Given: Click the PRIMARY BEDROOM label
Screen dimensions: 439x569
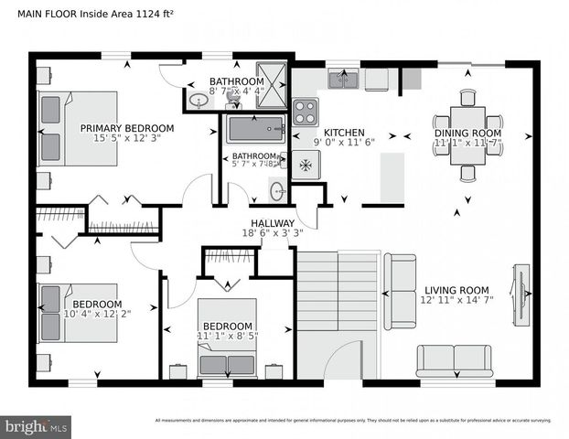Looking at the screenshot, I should (x=126, y=128).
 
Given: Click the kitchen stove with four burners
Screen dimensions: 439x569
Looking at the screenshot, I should (x=306, y=112).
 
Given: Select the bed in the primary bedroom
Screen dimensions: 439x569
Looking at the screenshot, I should (x=81, y=128).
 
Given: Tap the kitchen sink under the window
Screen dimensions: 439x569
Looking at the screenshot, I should (x=344, y=80).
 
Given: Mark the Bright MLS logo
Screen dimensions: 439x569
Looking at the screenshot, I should (x=37, y=426).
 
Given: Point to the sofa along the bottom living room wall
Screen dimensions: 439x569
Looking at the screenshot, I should (x=454, y=361).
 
